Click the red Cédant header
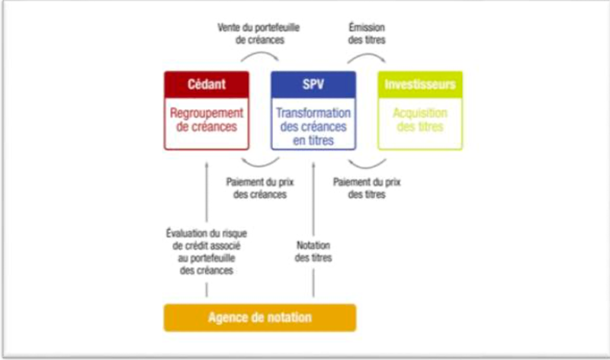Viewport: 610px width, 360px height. coord(206,83)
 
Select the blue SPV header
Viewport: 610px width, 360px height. coord(313,83)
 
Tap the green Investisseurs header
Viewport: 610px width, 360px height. coord(420,83)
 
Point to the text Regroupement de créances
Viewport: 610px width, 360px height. coord(206,121)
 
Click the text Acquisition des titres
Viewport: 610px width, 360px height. coord(420,121)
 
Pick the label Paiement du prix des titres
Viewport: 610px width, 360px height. coord(367,188)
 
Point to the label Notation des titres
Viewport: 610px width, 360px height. coord(313,251)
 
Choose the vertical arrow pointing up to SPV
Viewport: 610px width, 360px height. coord(313,198)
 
